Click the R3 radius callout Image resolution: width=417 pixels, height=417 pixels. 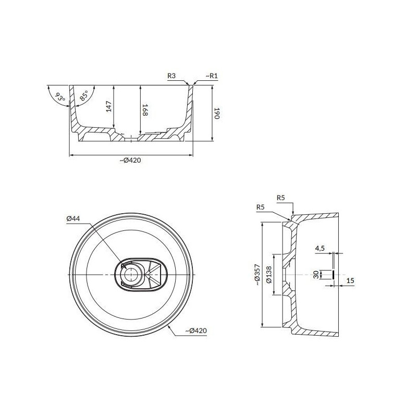point(171,76)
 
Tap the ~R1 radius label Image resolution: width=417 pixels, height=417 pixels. point(212,76)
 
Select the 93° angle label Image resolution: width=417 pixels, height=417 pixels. point(60,97)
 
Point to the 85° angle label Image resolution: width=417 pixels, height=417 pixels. point(83,96)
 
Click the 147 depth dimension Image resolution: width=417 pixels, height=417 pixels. point(109,106)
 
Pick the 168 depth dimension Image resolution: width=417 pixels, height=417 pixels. point(145,110)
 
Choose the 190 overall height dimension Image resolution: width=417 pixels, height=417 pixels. point(217,113)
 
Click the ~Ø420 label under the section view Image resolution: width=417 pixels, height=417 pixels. point(130,161)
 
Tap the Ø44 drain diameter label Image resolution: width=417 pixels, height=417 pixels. point(73,218)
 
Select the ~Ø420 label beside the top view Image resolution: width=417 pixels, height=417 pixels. point(196,330)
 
